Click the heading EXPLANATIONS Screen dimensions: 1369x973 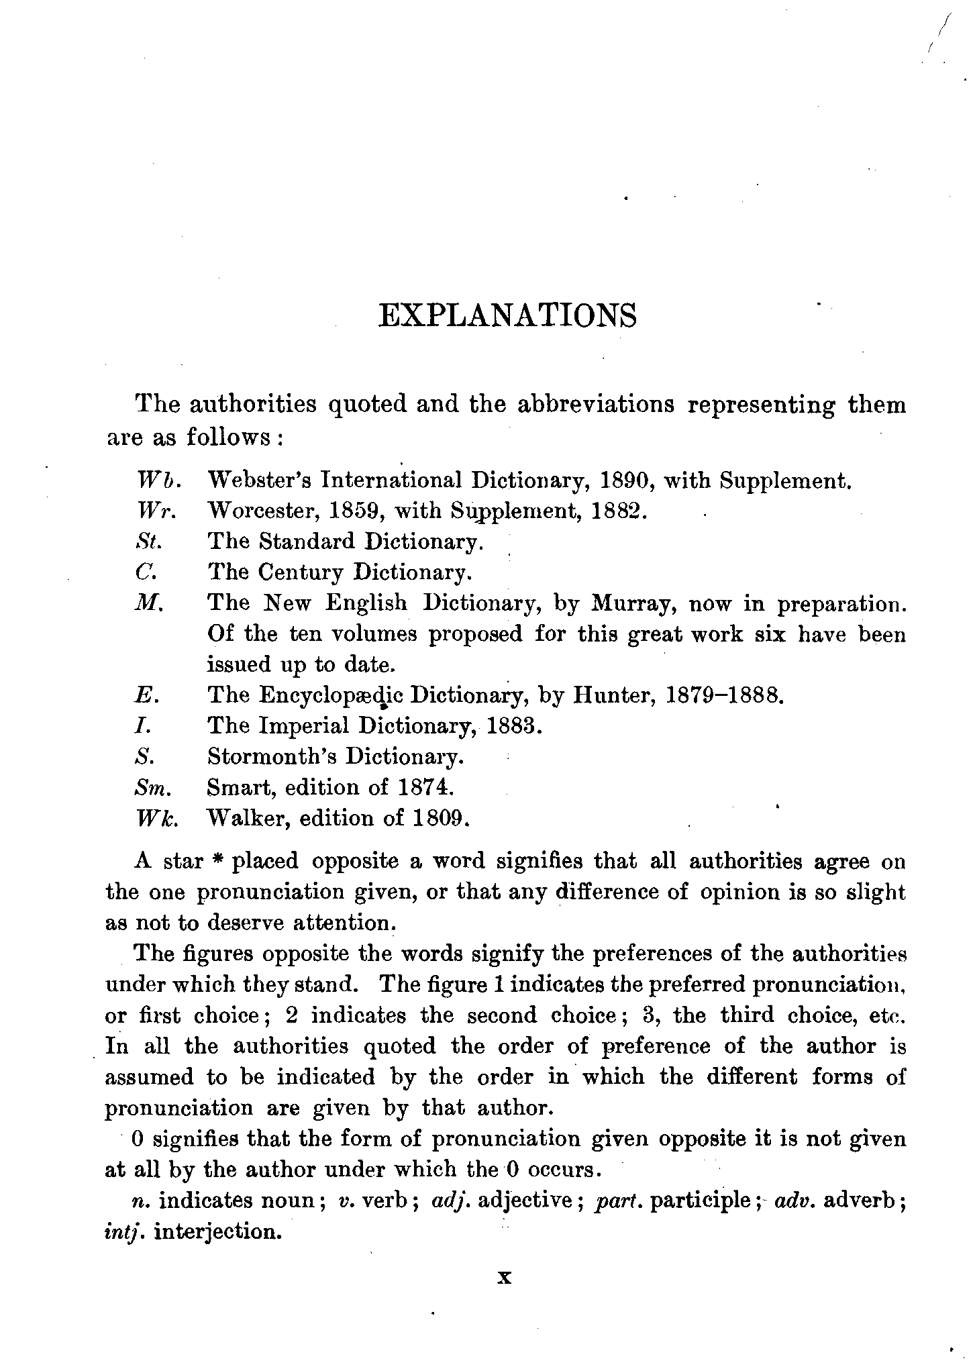coord(507,315)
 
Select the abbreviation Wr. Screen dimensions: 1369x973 coord(156,511)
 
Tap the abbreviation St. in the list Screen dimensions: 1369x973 coord(146,542)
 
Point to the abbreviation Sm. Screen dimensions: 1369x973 coord(150,787)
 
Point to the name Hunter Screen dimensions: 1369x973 coord(613,695)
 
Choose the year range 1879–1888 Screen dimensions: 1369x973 coord(724,695)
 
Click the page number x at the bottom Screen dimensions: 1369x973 coord(505,1278)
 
